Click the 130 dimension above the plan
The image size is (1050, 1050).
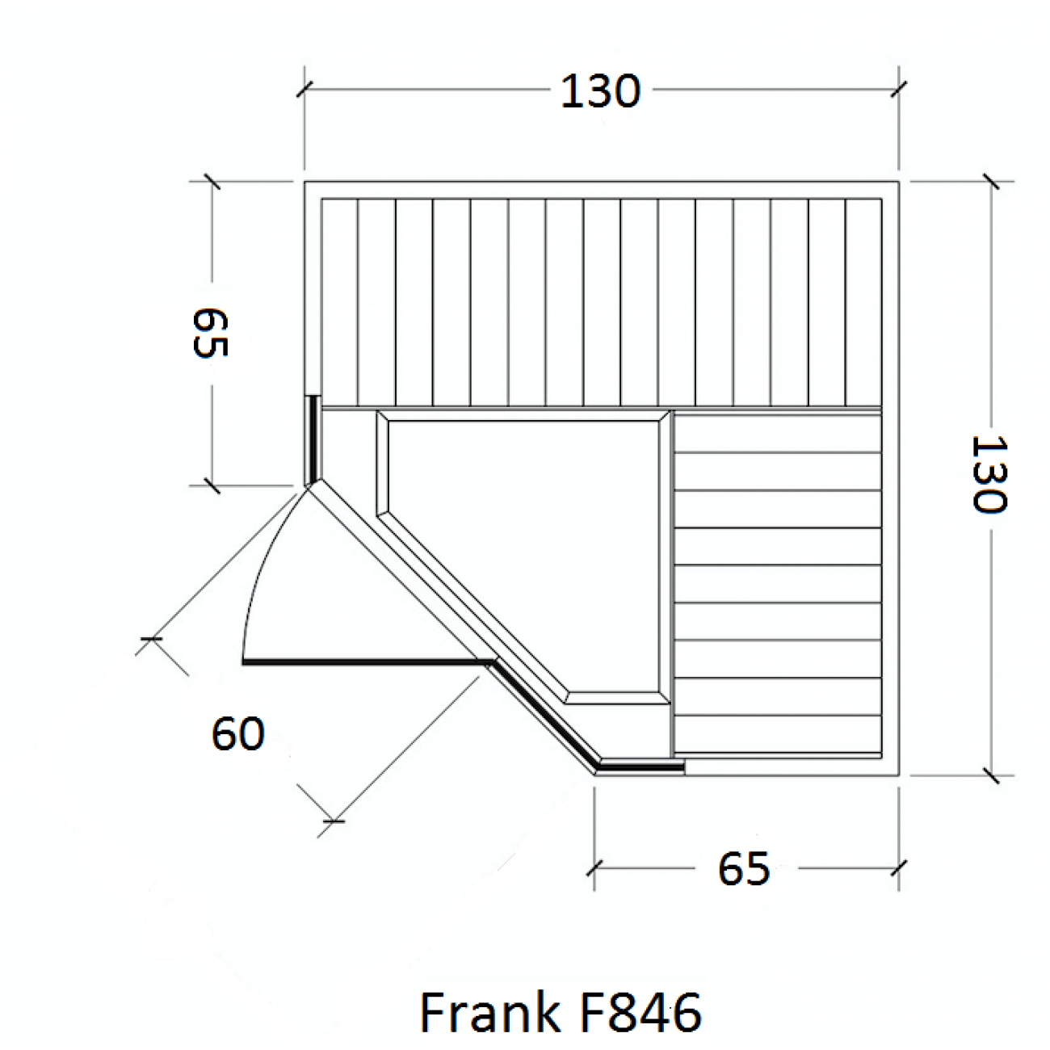pyautogui.click(x=600, y=91)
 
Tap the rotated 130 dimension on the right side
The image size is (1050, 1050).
pyautogui.click(x=989, y=473)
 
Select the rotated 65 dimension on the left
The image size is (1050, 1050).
pyautogui.click(x=210, y=332)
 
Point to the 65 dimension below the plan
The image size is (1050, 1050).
pyautogui.click(x=743, y=868)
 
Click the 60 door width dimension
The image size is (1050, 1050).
pyautogui.click(x=238, y=734)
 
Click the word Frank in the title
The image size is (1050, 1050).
pyautogui.click(x=489, y=1012)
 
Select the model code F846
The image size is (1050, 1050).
pyautogui.click(x=638, y=1012)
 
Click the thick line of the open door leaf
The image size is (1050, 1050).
pyautogui.click(x=369, y=662)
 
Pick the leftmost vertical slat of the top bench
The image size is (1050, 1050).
pyautogui.click(x=340, y=302)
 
